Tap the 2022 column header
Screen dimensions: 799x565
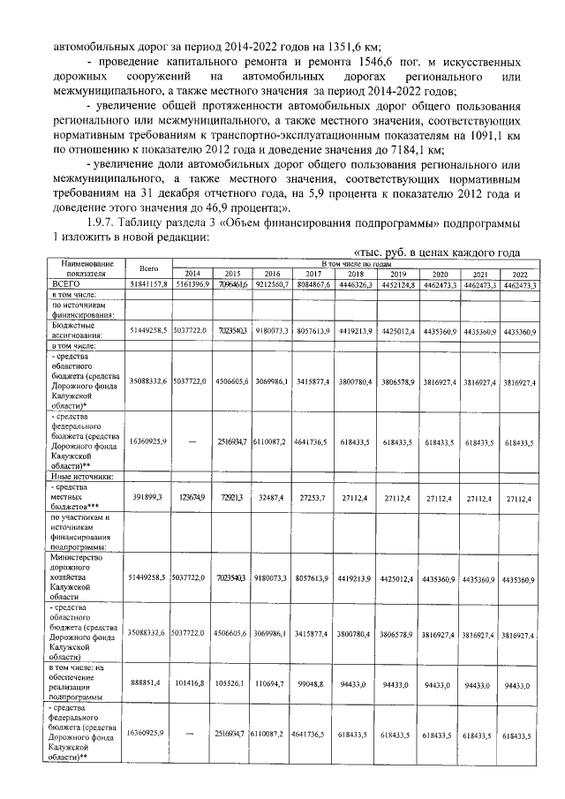tap(518, 274)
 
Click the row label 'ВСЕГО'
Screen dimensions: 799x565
tap(63, 284)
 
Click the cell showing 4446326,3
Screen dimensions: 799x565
tap(353, 284)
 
